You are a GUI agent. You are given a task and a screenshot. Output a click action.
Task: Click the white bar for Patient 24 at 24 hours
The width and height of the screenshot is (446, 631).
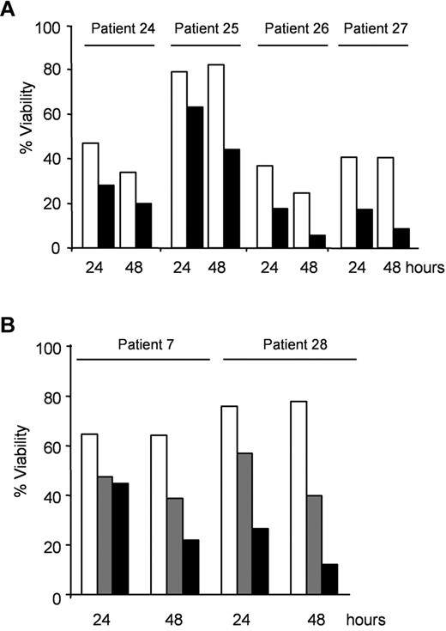pos(90,196)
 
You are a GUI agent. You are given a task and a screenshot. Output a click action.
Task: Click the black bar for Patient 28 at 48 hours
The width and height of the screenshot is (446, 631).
pos(329,579)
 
